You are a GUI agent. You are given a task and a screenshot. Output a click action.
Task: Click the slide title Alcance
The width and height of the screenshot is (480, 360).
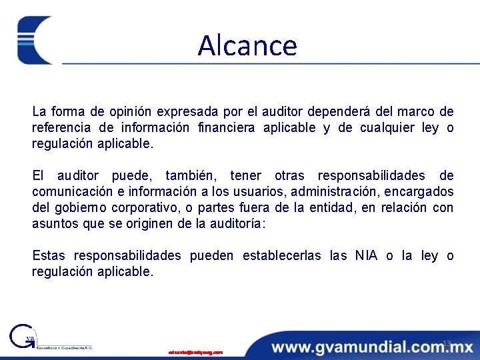pyautogui.click(x=247, y=45)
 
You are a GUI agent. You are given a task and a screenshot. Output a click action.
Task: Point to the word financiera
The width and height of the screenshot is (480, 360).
pyautogui.click(x=225, y=127)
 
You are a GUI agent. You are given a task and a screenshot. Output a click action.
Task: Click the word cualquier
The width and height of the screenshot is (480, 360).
pyautogui.click(x=386, y=127)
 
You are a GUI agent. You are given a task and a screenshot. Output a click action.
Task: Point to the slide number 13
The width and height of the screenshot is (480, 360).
pyautogui.click(x=447, y=343)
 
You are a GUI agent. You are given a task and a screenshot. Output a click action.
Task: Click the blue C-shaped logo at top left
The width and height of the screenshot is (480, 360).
pyautogui.click(x=35, y=40)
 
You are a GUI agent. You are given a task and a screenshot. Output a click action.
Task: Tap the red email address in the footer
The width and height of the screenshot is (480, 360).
pyautogui.click(x=195, y=351)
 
